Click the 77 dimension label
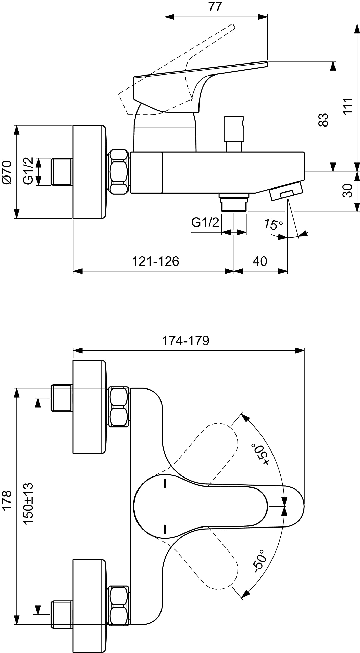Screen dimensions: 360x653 pyautogui.click(x=215, y=7)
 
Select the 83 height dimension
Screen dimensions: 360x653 pyautogui.click(x=323, y=120)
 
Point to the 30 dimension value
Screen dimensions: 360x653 pyautogui.click(x=347, y=190)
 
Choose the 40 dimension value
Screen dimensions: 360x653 pyautogui.click(x=260, y=261)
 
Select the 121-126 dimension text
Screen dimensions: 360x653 pyautogui.click(x=155, y=261)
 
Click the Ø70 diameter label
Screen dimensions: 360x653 pyautogui.click(x=7, y=172)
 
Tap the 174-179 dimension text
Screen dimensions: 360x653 pyautogui.click(x=185, y=340)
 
